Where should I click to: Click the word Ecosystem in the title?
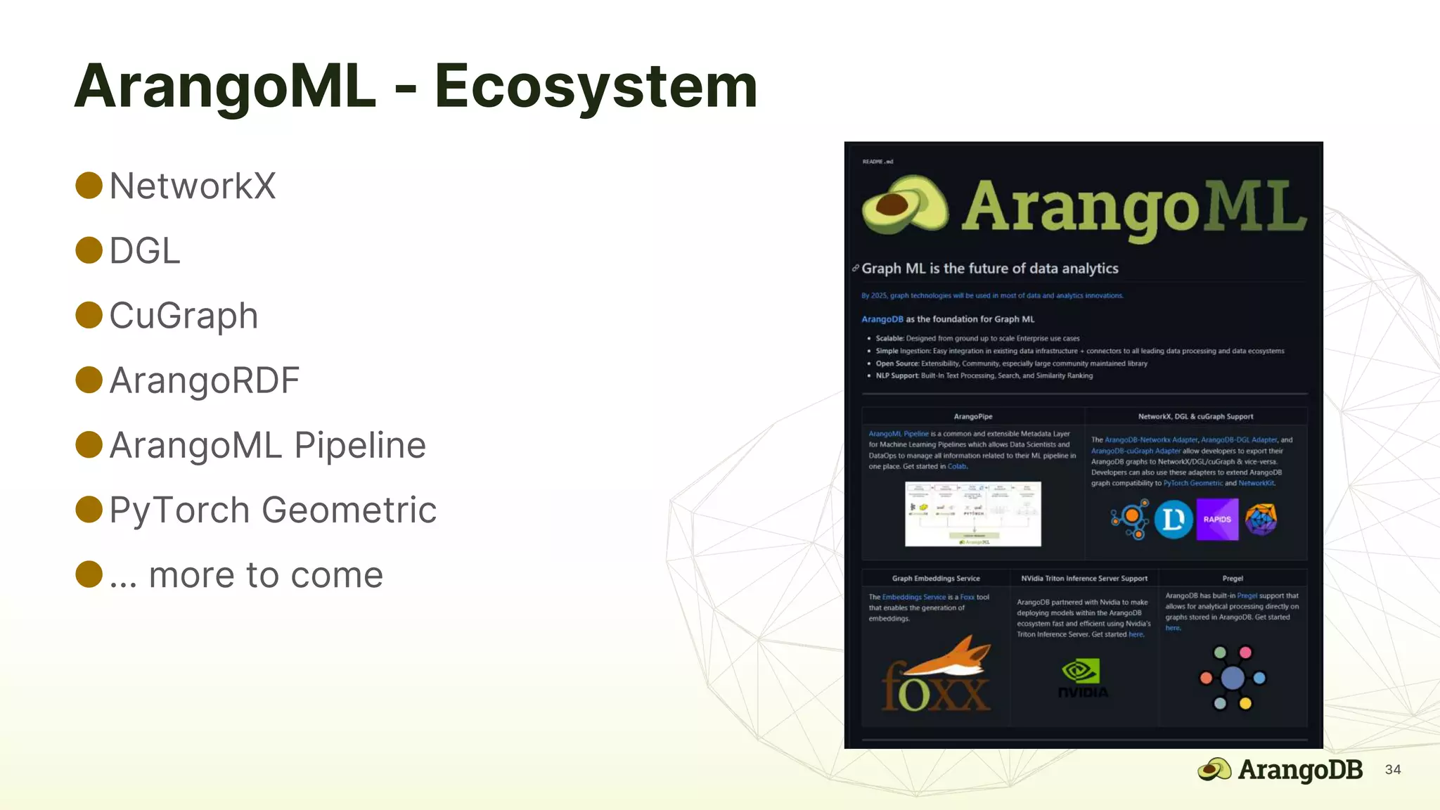tap(596, 87)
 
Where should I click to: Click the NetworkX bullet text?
tap(193, 186)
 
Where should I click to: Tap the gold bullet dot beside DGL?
tap(89, 250)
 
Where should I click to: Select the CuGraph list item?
tap(184, 316)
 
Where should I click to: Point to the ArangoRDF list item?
tap(204, 380)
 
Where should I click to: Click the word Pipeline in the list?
tap(360, 446)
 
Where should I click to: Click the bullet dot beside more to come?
tap(89, 574)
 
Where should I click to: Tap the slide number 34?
tap(1392, 770)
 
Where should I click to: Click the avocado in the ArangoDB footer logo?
tap(1214, 770)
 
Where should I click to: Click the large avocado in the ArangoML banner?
tap(904, 205)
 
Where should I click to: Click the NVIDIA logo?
tap(1083, 678)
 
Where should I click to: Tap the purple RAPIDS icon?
tap(1217, 520)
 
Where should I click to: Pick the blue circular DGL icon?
tap(1173, 520)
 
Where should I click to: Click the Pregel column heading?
tap(1232, 579)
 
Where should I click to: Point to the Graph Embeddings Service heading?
tap(936, 579)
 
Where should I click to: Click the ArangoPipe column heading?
tap(973, 417)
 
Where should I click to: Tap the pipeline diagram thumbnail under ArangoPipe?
tap(972, 514)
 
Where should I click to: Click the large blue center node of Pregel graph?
tap(1232, 678)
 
